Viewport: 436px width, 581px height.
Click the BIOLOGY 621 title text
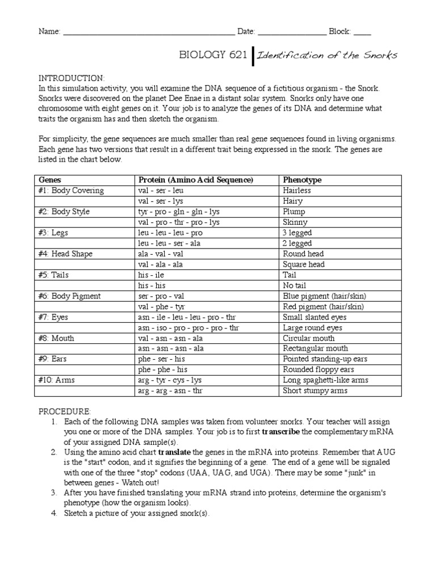(x=213, y=55)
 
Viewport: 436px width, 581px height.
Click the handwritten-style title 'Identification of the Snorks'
(x=327, y=55)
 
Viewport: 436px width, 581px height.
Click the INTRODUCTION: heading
(x=71, y=77)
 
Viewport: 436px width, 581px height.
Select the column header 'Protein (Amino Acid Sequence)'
(x=195, y=180)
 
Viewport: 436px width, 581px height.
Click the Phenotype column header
(x=302, y=180)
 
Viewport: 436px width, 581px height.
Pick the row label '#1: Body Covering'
(x=71, y=191)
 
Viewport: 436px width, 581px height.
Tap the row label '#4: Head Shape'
(x=65, y=254)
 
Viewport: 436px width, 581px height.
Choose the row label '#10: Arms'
(x=58, y=380)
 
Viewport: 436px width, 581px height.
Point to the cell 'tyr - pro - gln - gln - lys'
(x=178, y=212)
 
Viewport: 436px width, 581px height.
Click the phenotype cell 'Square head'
(x=304, y=264)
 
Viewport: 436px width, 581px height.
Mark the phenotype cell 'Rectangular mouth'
(x=315, y=348)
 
